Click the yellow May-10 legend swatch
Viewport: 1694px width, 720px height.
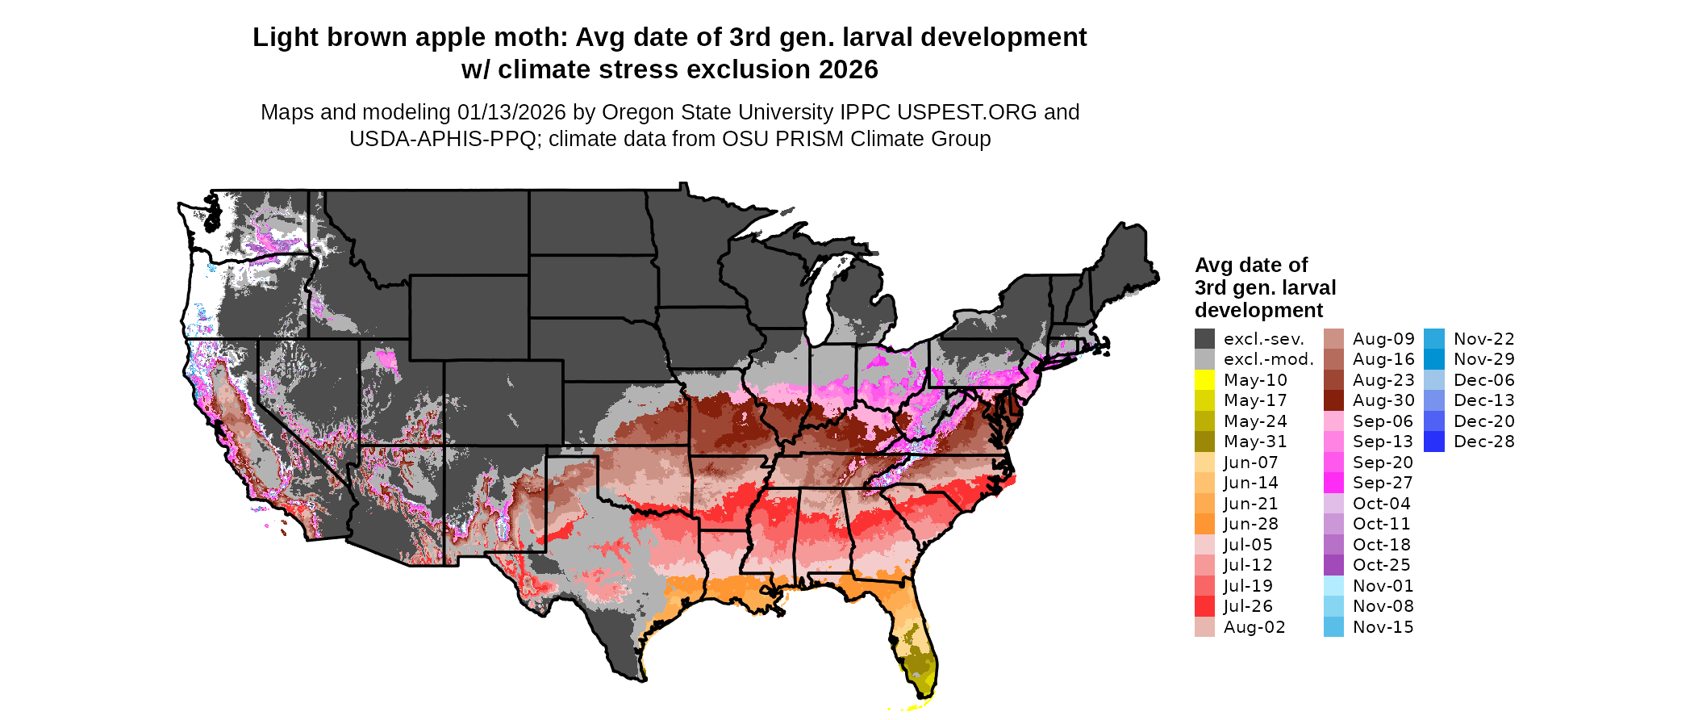pyautogui.click(x=1204, y=380)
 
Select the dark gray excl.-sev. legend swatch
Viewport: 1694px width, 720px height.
pyautogui.click(x=1204, y=339)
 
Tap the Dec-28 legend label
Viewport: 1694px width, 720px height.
pyautogui.click(x=1483, y=442)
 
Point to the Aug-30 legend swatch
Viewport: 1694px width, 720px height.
pyautogui.click(x=1333, y=400)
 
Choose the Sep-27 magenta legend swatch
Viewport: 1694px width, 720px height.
pyautogui.click(x=1333, y=483)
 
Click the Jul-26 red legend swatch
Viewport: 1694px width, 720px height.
pyautogui.click(x=1204, y=606)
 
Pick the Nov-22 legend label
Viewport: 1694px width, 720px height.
pyautogui.click(x=1483, y=339)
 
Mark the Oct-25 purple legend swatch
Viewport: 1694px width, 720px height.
pyautogui.click(x=1333, y=565)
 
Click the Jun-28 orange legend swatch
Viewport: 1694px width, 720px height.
pyautogui.click(x=1204, y=524)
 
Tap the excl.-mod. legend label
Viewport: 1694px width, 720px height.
pyautogui.click(x=1268, y=359)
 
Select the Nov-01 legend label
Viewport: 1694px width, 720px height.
pyautogui.click(x=1383, y=586)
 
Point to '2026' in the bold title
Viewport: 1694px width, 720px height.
pyautogui.click(x=848, y=70)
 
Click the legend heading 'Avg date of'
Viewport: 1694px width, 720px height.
pyautogui.click(x=1250, y=266)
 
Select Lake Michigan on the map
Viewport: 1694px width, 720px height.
pyautogui.click(x=820, y=299)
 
